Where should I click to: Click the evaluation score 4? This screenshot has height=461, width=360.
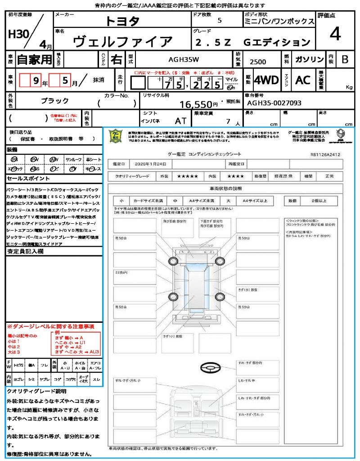point(335,35)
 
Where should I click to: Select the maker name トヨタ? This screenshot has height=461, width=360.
point(122,21)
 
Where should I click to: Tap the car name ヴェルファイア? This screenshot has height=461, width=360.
point(122,42)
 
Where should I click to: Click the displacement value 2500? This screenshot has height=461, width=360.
point(258,62)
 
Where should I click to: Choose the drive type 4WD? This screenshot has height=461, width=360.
point(266,80)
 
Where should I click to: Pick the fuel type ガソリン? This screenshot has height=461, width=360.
point(309,59)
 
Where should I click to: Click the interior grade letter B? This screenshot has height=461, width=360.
point(344,59)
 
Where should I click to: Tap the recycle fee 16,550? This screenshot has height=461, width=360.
point(196,104)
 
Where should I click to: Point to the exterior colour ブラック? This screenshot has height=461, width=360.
point(55,101)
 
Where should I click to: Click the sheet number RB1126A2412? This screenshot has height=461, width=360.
point(325,154)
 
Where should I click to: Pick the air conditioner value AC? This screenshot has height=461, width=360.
point(303,80)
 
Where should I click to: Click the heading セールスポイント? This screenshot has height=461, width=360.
point(23,179)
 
